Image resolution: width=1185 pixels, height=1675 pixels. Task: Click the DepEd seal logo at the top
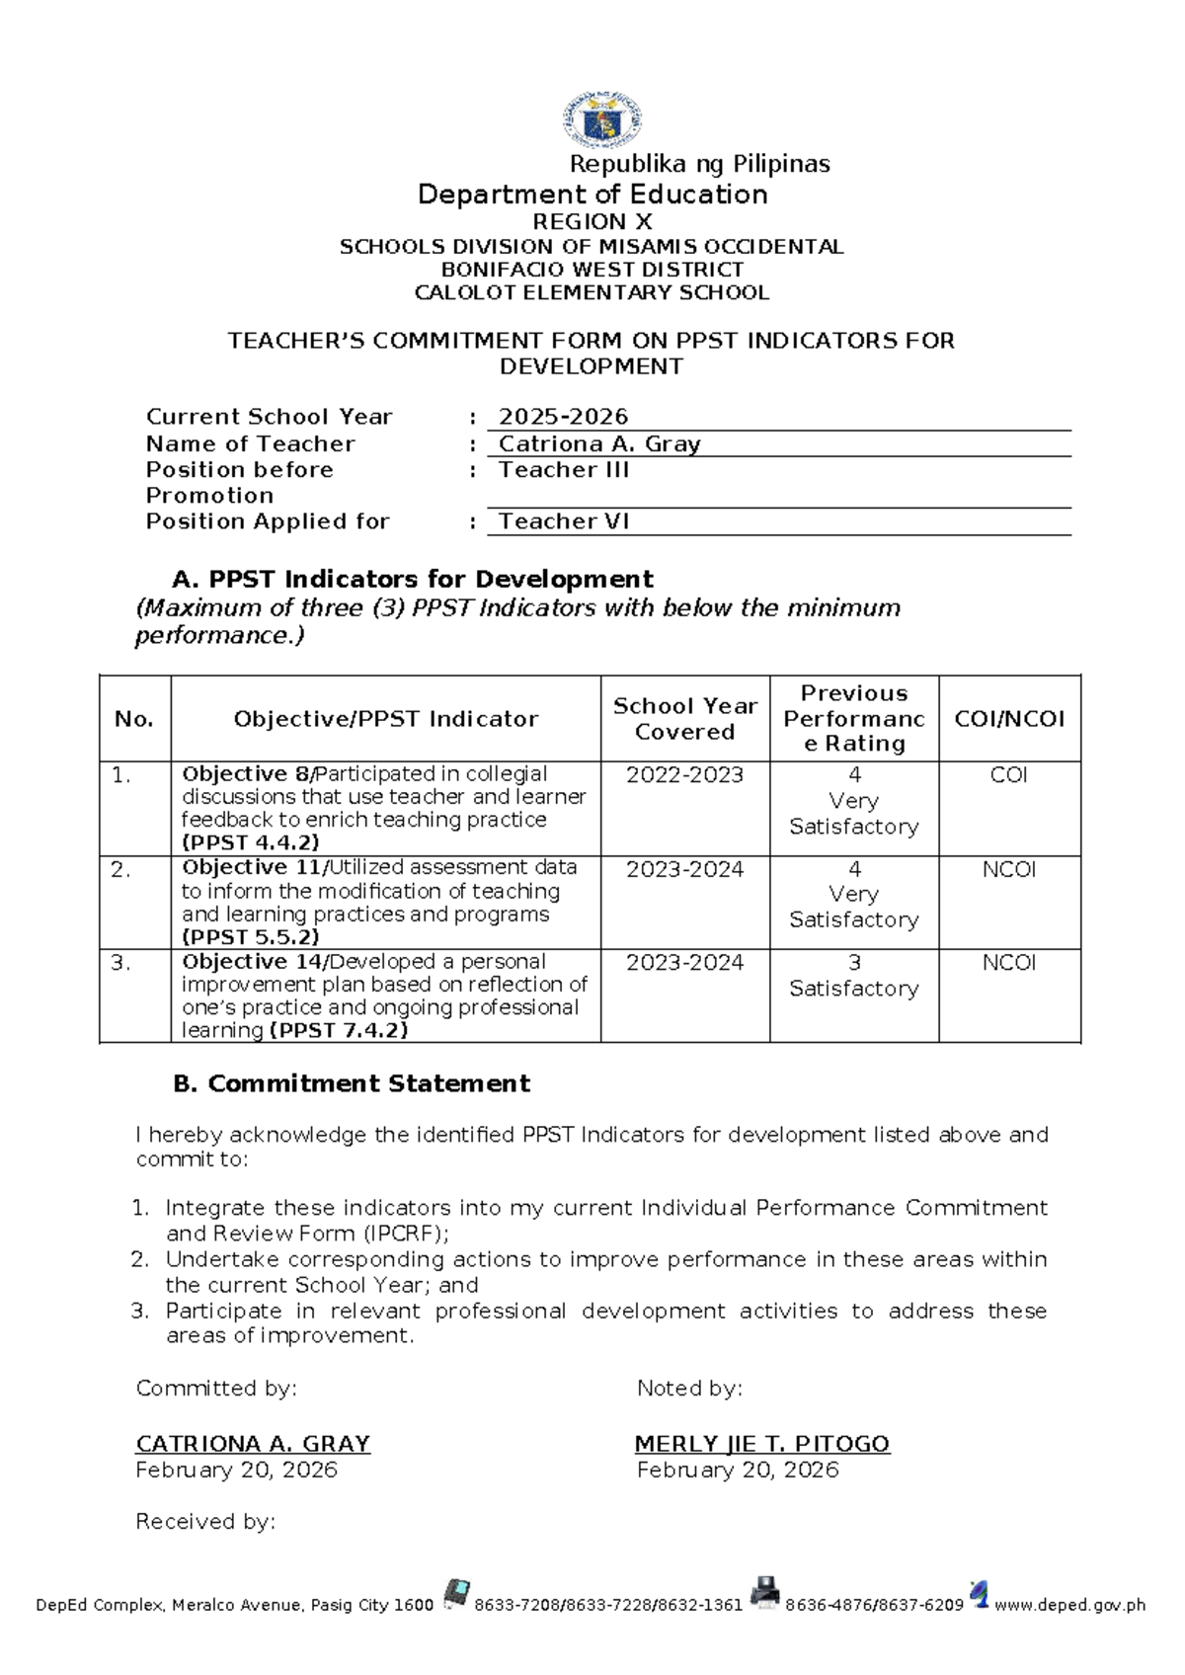602,120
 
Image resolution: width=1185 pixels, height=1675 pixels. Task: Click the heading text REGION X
592,222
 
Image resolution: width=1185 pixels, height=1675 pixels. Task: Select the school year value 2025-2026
564,417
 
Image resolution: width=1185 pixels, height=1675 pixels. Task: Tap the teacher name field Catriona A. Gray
599,444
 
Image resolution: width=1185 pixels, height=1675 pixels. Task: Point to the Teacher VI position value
564,521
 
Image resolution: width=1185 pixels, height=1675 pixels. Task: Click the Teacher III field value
564,470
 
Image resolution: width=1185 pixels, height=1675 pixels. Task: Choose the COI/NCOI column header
1009,719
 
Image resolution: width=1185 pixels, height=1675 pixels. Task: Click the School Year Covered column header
685,719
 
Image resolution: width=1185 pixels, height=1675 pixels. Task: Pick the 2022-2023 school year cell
685,775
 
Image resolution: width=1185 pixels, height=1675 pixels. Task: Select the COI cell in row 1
1009,775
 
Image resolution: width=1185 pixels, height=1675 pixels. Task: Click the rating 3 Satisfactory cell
854,976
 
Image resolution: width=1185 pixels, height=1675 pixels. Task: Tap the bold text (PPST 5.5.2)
251,937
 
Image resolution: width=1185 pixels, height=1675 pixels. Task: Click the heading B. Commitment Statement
352,1083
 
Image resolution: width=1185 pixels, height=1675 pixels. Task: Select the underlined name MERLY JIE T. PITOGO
762,1444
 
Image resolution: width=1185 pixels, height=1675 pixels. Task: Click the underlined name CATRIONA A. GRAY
253,1444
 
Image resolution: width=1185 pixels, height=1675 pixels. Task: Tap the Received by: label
205,1522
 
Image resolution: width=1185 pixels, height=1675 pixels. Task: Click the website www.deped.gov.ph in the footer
1069,1606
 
